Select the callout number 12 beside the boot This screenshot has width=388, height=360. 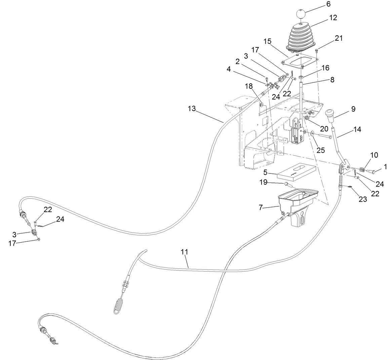click(333, 17)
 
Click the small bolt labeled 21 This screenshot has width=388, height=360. click(317, 51)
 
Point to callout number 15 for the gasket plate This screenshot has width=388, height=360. click(277, 41)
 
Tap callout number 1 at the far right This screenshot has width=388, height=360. click(386, 166)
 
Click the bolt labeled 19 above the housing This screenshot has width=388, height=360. click(286, 184)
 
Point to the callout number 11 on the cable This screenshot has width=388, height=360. click(184, 251)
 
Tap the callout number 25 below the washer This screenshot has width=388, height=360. click(320, 150)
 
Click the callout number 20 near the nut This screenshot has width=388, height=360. click(324, 128)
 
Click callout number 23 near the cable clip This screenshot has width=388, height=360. click(362, 199)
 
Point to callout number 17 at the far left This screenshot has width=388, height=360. click(12, 243)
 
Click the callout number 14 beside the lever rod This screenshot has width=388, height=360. click(357, 129)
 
